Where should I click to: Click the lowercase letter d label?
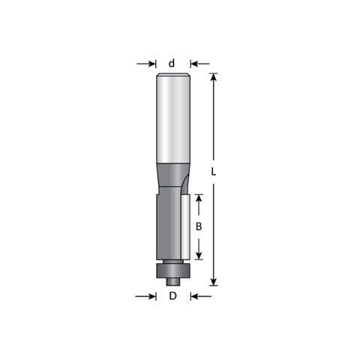point(172,64)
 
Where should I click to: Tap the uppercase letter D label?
point(172,296)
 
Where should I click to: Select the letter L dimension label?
point(213,172)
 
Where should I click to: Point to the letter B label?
point(199,226)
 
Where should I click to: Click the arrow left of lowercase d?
point(146,64)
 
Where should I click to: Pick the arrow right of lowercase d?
point(199,64)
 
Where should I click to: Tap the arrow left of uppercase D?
point(145,296)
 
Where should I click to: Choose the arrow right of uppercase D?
point(201,296)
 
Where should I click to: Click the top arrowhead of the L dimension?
point(213,77)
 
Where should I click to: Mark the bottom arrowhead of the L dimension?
point(213,282)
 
